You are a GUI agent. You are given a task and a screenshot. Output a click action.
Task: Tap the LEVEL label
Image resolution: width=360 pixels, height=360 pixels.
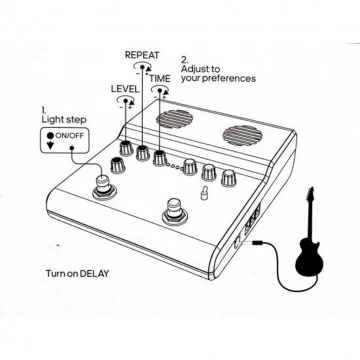coord(125,89)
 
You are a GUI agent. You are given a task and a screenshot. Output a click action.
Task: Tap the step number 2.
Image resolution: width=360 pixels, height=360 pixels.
coord(184,58)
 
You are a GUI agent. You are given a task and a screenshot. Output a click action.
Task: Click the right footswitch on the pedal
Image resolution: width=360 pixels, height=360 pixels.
coord(175,213)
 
